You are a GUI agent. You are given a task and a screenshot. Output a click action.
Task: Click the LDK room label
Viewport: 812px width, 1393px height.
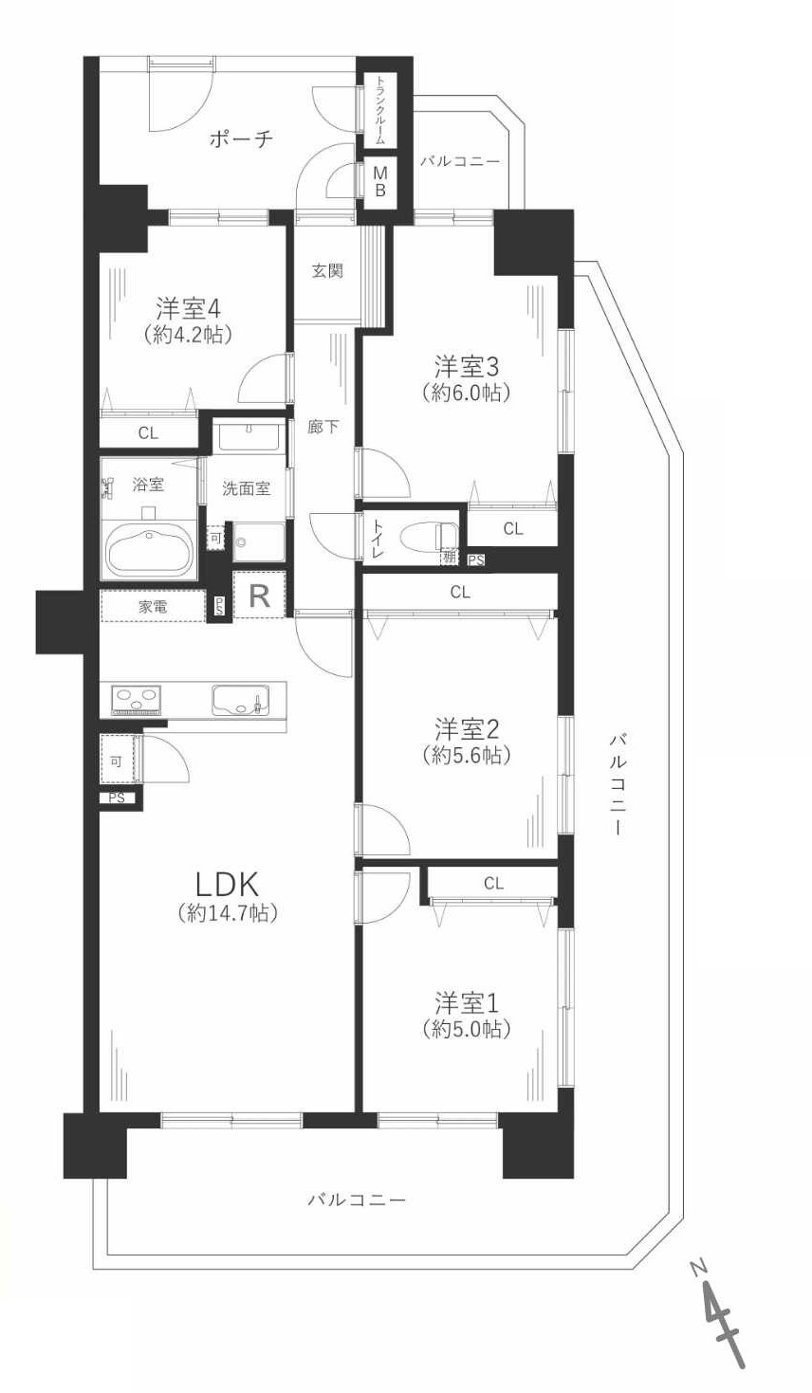tap(227, 884)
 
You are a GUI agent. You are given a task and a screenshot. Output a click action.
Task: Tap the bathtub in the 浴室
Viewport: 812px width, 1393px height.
tap(149, 551)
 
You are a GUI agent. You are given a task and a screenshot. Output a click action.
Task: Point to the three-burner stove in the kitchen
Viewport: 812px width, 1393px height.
tap(136, 700)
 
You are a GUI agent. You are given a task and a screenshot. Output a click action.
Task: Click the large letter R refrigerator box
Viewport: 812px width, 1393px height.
tap(259, 596)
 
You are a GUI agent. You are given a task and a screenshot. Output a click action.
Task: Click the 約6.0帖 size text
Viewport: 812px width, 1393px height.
tap(467, 393)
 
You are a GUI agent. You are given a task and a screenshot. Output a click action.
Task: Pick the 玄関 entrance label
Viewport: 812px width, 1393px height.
tap(327, 271)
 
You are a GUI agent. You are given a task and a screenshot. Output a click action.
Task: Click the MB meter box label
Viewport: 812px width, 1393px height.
tap(379, 182)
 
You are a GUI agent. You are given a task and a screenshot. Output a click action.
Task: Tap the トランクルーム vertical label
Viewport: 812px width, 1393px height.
tap(380, 110)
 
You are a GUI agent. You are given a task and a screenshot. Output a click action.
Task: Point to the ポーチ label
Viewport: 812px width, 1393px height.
tap(241, 139)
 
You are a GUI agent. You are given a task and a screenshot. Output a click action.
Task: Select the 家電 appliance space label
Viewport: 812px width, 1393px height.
tap(153, 607)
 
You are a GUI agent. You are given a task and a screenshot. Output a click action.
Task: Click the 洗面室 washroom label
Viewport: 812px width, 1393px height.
tap(246, 488)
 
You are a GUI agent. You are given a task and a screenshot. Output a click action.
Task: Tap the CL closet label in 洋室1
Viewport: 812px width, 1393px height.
tap(493, 883)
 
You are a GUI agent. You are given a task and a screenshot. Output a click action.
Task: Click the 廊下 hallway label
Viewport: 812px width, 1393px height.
tap(323, 427)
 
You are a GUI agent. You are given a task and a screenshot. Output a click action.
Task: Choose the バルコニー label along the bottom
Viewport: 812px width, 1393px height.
tap(357, 1200)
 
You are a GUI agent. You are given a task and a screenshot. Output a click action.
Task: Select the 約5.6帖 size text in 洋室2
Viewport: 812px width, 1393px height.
tap(467, 756)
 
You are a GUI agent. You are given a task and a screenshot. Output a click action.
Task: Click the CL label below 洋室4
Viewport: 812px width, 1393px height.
tap(148, 433)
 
